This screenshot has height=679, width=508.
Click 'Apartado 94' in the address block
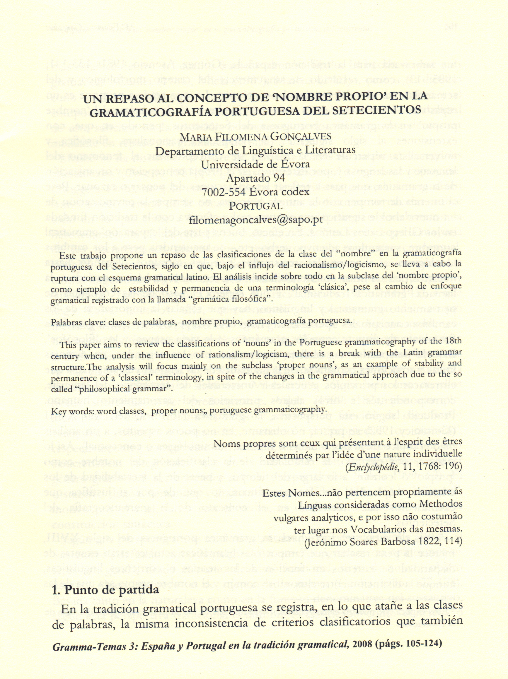255,178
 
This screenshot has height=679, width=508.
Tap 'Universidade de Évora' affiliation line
255,164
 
